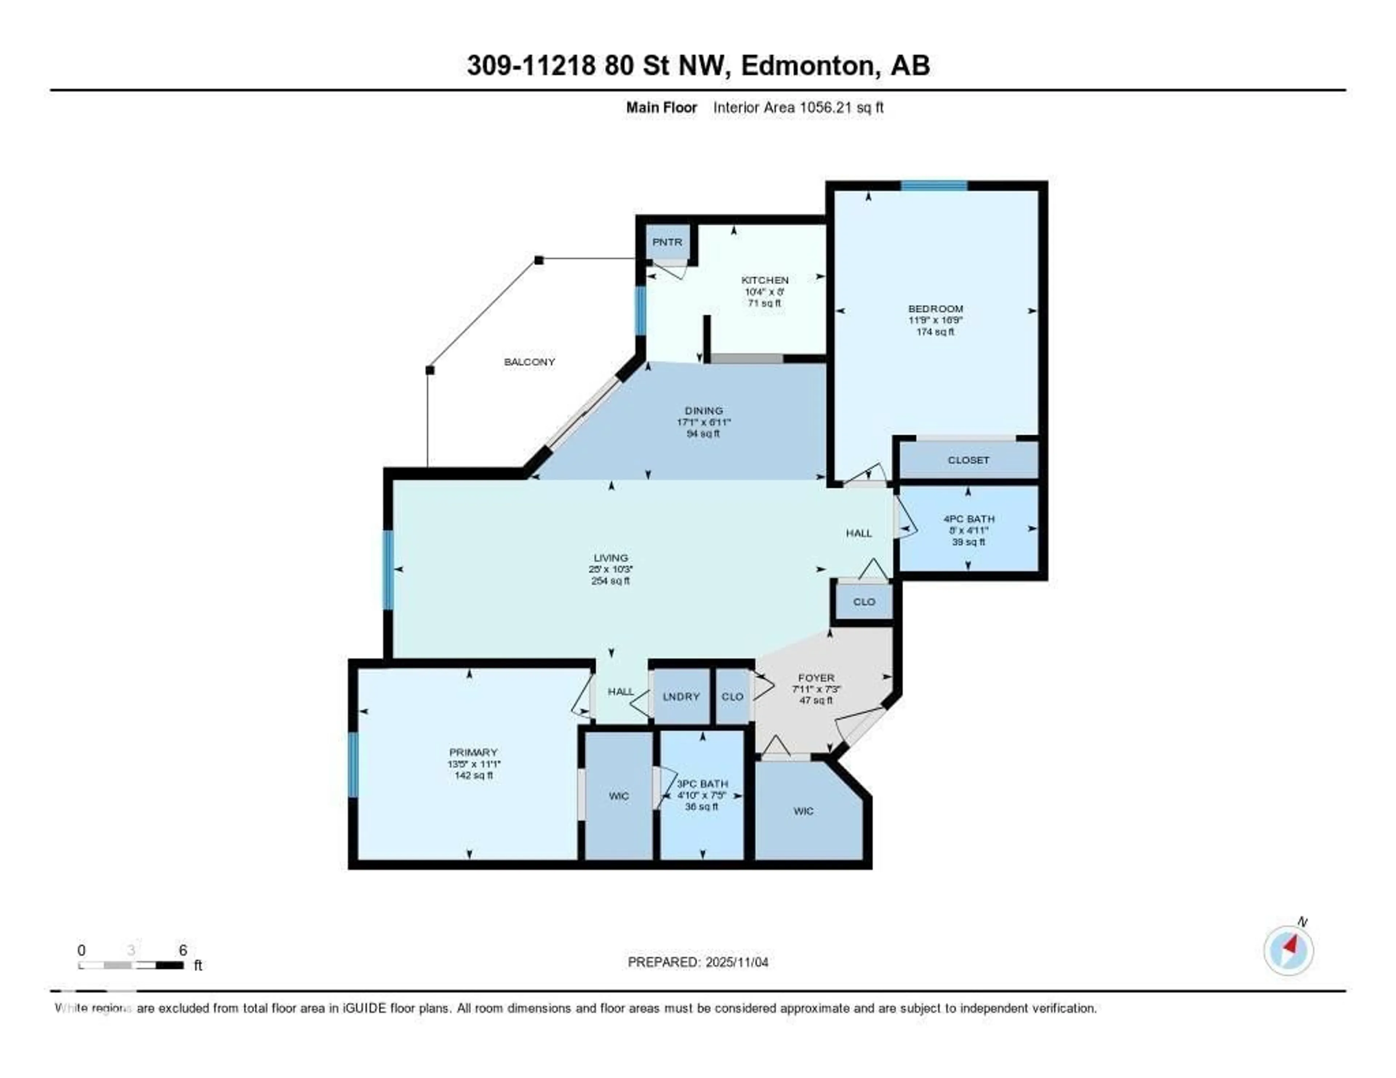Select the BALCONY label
529,362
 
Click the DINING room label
704,410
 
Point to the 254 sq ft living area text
610,581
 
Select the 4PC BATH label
969,519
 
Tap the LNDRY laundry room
681,696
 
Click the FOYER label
816,677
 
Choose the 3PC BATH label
702,783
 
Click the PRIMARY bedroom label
473,752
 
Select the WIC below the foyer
803,811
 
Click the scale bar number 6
183,950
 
